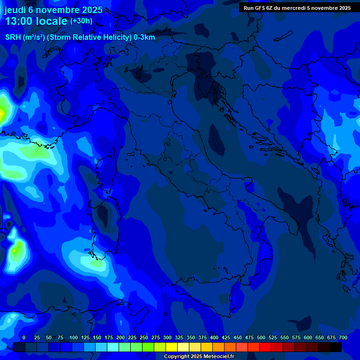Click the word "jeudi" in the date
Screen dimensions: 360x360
[x=15, y=10]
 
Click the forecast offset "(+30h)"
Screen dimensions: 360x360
[x=81, y=21]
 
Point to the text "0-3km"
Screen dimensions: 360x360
[x=144, y=37]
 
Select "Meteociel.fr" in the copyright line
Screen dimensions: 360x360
[x=215, y=357]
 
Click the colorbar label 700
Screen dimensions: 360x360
[x=343, y=337]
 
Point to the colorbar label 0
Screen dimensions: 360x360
[x=24, y=337]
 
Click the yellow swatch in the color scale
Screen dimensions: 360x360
[x=172, y=347]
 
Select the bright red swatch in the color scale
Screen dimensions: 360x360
[x=265, y=347]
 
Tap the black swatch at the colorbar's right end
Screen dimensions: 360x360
[x=336, y=347]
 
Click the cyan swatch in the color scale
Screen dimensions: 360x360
[x=113, y=347]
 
